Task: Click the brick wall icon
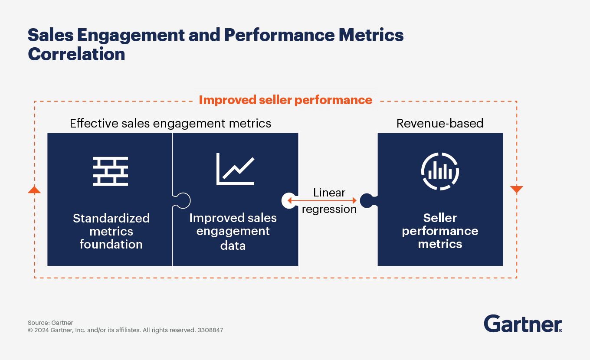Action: pyautogui.click(x=111, y=172)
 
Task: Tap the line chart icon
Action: pyautogui.click(x=235, y=169)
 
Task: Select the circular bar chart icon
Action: pyautogui.click(x=440, y=171)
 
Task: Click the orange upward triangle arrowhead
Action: pyautogui.click(x=34, y=190)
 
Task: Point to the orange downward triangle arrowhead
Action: pyautogui.click(x=517, y=190)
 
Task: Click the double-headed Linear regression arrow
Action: pyautogui.click(x=321, y=200)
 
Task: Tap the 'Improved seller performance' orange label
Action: pyautogui.click(x=285, y=100)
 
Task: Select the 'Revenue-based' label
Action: pyautogui.click(x=440, y=124)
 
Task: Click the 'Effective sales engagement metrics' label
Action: pyautogui.click(x=170, y=124)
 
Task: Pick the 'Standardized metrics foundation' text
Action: pyautogui.click(x=111, y=231)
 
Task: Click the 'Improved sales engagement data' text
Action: pyautogui.click(x=233, y=231)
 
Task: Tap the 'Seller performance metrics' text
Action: pyautogui.click(x=440, y=231)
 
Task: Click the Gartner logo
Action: pyautogui.click(x=523, y=324)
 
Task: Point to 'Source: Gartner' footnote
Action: pyautogui.click(x=50, y=323)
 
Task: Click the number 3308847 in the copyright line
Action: pyautogui.click(x=210, y=330)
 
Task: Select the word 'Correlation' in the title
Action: pyautogui.click(x=76, y=55)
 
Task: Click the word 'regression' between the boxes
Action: pyautogui.click(x=329, y=209)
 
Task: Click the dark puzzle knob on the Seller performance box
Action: pyautogui.click(x=367, y=200)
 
